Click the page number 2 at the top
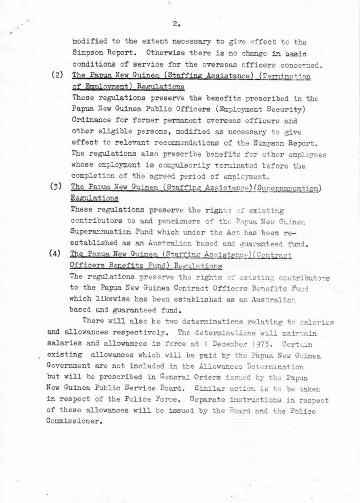pyautogui.click(x=175, y=23)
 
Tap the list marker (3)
pyautogui.click(x=56, y=187)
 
